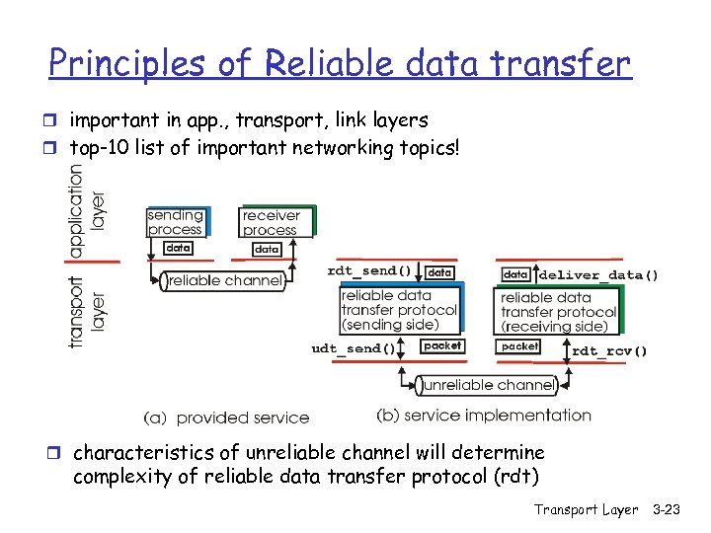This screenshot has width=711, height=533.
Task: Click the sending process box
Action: [x=175, y=222]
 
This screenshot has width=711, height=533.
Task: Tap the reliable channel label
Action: [x=225, y=281]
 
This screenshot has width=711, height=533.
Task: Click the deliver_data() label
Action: [x=598, y=274]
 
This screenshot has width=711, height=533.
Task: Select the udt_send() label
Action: [x=353, y=348]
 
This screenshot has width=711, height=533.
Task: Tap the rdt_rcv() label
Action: [x=610, y=349]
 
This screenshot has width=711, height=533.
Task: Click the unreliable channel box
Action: [x=484, y=384]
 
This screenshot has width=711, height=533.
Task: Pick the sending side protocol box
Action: [x=399, y=310]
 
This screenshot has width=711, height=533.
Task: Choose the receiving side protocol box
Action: [x=558, y=312]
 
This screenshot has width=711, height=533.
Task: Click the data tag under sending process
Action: [x=178, y=249]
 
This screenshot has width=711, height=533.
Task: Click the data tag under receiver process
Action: [x=267, y=250]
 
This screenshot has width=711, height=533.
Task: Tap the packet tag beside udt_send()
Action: [x=441, y=346]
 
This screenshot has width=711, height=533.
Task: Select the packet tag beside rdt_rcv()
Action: [x=519, y=346]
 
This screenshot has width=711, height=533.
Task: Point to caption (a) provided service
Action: [x=226, y=418]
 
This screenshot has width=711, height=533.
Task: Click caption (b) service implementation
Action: [x=484, y=416]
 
